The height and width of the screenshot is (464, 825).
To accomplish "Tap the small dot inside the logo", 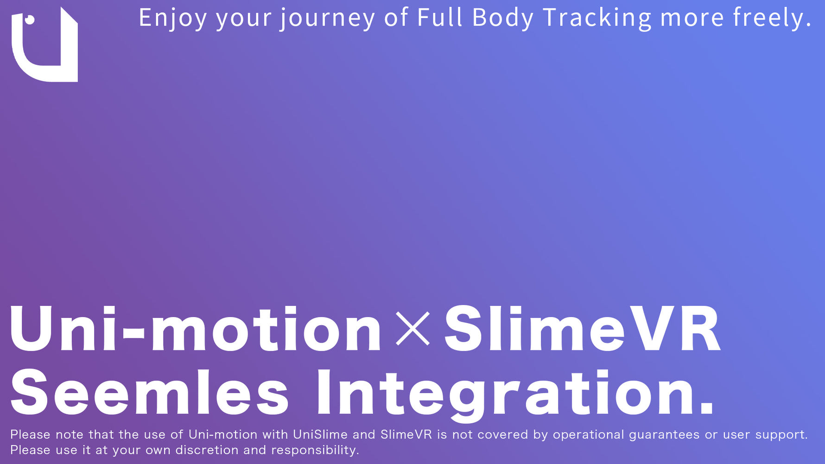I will tap(30, 19).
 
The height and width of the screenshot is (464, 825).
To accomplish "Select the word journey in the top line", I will tap(327, 19).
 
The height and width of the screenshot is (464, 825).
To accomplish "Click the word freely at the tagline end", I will tap(771, 19).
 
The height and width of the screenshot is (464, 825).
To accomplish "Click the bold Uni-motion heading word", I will tap(195, 329).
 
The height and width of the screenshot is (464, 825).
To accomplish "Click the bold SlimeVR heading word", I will tap(582, 329).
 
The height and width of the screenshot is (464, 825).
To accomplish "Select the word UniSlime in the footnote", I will tap(320, 435).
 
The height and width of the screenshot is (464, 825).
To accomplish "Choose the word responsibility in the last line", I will tap(315, 450).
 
